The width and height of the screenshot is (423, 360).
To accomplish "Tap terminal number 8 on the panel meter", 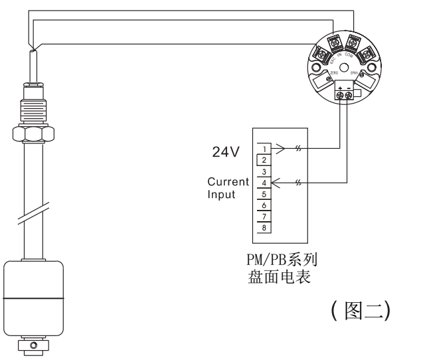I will click(264, 227).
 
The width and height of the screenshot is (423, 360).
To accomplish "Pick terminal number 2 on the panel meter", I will click(264, 160).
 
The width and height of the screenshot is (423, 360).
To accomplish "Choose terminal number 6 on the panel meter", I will click(264, 205).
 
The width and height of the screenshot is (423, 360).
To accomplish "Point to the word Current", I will click(228, 181).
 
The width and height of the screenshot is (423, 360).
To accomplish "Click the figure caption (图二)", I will click(363, 310).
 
